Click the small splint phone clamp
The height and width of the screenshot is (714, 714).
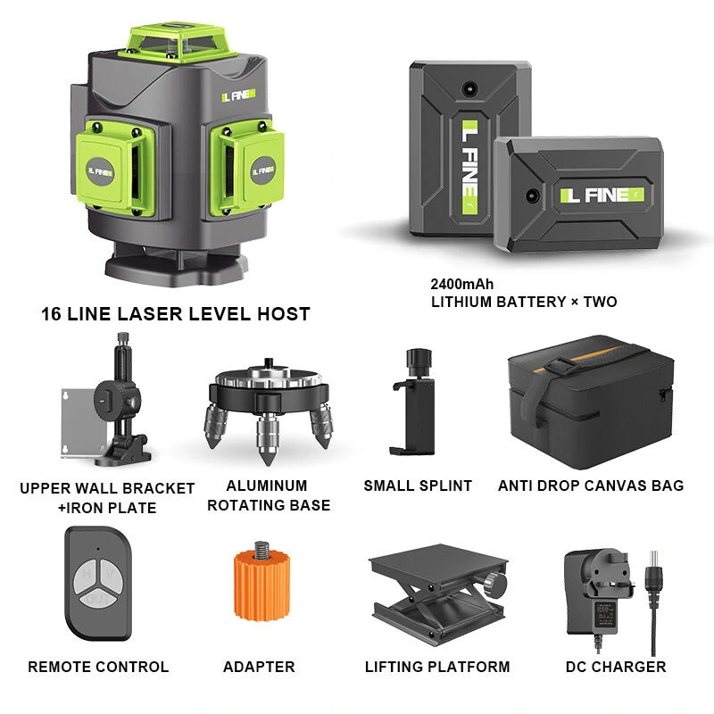tap(415, 403)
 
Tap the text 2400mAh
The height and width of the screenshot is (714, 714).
tap(461, 284)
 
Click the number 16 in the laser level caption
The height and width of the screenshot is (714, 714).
tap(51, 314)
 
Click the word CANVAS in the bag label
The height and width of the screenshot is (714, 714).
tap(591, 486)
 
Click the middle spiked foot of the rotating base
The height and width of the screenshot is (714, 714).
tap(267, 439)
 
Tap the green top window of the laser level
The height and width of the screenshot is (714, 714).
tap(178, 42)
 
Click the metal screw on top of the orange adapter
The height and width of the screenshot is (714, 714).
tap(262, 550)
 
